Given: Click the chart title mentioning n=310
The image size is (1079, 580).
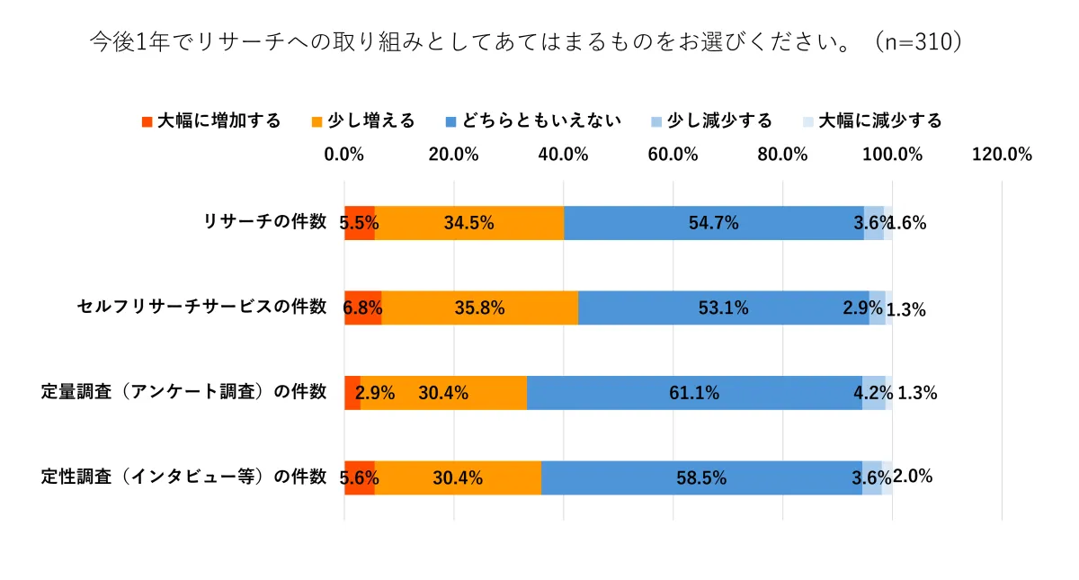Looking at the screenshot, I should click(x=526, y=43).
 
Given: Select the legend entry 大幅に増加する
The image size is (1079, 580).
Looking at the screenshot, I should click(x=211, y=120).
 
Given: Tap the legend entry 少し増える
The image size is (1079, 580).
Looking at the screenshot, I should click(x=363, y=120).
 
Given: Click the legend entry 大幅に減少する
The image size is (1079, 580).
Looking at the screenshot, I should click(x=872, y=120).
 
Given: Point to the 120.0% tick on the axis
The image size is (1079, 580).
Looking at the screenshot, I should click(x=1002, y=154).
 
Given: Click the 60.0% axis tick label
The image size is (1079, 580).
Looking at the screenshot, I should click(x=673, y=154).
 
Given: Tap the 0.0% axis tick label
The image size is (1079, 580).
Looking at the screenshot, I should click(x=344, y=154).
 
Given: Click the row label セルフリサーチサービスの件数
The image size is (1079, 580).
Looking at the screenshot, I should click(x=201, y=307).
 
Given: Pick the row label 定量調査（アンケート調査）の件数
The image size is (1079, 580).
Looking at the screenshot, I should click(x=184, y=391).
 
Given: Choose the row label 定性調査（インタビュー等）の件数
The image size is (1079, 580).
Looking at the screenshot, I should click(x=184, y=477).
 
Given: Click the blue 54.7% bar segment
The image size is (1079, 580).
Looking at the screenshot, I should click(x=713, y=223).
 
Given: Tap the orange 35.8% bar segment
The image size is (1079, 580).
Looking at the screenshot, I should click(x=479, y=308).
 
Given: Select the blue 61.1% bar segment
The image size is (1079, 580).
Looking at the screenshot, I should click(x=693, y=392).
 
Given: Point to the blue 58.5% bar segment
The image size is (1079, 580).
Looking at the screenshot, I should click(x=701, y=477).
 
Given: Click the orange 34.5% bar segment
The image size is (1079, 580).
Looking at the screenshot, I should click(x=468, y=223).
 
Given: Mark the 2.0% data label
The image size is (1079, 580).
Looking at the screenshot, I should click(x=913, y=477).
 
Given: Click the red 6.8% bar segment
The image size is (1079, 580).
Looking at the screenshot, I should click(x=362, y=308).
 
